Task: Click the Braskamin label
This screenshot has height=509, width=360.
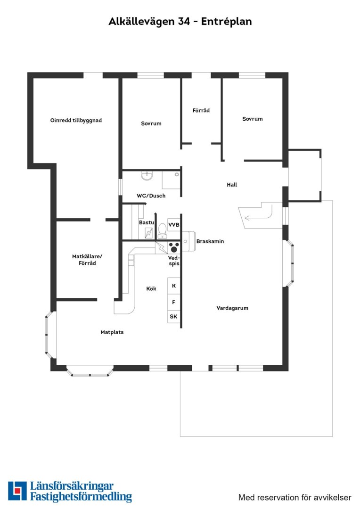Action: tap(210, 241)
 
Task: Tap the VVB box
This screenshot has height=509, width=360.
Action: tap(174, 225)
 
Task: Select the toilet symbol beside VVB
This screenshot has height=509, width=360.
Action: tap(162, 230)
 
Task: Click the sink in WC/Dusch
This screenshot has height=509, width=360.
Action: tap(147, 176)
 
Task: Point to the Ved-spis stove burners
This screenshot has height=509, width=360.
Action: tap(174, 247)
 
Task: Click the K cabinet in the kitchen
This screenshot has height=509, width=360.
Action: tap(174, 286)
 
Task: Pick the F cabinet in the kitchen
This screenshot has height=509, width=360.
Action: tap(174, 302)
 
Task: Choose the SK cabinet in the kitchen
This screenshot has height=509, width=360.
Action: tap(174, 317)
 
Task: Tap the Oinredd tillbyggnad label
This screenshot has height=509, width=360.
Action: tap(76, 120)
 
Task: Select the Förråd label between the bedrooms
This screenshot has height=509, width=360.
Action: tap(201, 110)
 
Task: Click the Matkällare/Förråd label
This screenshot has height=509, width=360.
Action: tap(87, 260)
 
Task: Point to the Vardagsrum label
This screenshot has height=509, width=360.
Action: tap(232, 308)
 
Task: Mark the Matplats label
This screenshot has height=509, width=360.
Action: tap(112, 332)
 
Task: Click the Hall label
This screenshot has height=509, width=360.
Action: tap(232, 185)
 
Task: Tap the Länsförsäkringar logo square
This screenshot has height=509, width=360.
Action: tap(17, 491)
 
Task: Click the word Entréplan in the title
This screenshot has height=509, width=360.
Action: tap(226, 21)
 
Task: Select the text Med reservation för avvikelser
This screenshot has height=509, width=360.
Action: tap(295, 497)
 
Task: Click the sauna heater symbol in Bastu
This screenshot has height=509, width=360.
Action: tap(149, 233)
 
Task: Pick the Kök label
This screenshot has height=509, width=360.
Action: tap(151, 288)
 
